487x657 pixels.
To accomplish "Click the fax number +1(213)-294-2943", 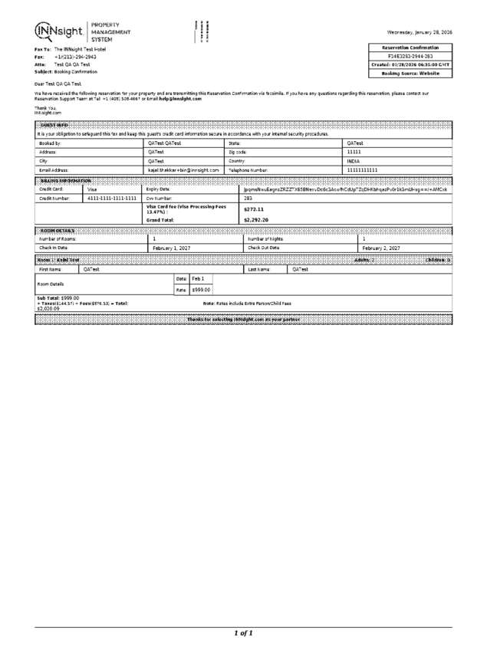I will (x=75, y=57).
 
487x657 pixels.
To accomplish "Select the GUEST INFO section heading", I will (x=53, y=124).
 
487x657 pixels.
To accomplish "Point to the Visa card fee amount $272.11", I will (x=253, y=209).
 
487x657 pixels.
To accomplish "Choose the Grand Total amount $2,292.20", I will (x=255, y=220).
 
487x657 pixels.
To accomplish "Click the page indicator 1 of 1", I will (x=243, y=633).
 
